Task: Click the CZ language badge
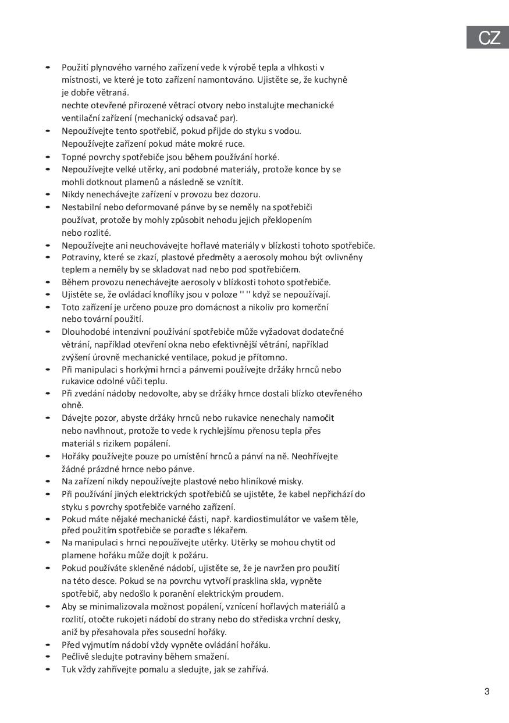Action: (x=489, y=38)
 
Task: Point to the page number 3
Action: (x=487, y=692)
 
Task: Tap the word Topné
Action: (x=74, y=157)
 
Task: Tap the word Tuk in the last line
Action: (x=69, y=669)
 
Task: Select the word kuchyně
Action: (x=331, y=80)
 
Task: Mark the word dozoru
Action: (x=246, y=194)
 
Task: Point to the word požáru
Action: (x=194, y=555)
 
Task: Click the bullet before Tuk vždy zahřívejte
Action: (x=48, y=669)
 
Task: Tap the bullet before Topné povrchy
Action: (x=48, y=157)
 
